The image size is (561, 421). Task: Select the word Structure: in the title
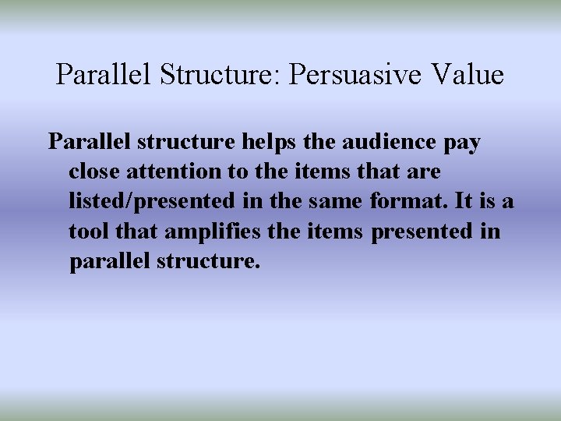(x=221, y=75)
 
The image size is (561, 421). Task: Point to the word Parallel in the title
(x=105, y=75)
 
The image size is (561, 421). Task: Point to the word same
(x=336, y=201)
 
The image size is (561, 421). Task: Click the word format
(x=409, y=201)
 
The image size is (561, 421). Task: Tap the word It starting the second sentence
(x=464, y=201)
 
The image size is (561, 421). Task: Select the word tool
(x=89, y=232)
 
